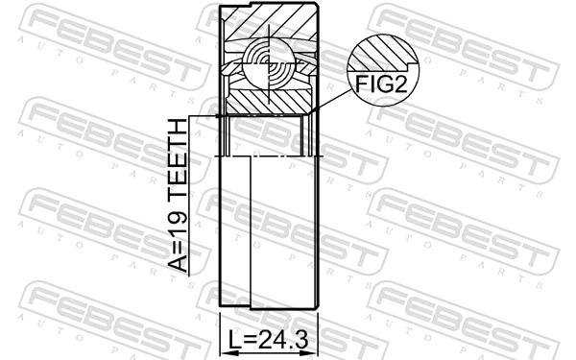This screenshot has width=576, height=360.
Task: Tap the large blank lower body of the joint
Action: pos(278,230)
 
